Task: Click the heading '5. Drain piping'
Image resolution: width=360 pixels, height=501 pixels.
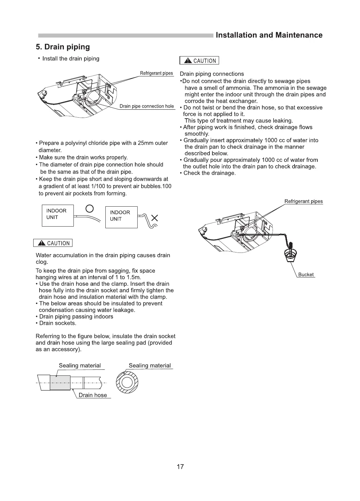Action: [x=63, y=47]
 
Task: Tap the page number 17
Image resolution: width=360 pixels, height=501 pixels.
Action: [x=180, y=466]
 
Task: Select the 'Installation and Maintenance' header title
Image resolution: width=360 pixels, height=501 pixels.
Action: [x=269, y=35]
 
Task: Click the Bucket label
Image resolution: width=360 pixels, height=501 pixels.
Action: [x=305, y=275]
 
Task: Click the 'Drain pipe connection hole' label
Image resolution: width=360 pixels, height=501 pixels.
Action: [x=147, y=106]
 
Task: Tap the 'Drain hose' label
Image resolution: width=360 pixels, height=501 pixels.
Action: [x=93, y=395]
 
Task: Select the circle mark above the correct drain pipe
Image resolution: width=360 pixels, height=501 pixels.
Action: [x=90, y=209]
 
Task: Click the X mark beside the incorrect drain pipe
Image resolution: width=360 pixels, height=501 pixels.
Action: [x=155, y=218]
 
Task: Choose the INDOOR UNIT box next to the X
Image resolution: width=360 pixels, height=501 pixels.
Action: [x=121, y=217]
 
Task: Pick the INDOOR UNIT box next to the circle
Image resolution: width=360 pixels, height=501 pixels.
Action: [x=58, y=216]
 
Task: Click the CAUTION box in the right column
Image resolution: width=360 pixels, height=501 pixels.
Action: [x=199, y=60]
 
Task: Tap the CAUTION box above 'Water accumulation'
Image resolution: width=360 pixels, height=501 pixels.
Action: [x=53, y=243]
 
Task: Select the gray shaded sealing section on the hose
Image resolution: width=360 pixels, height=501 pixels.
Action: [x=60, y=383]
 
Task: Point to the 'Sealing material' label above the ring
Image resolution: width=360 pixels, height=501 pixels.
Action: [x=150, y=365]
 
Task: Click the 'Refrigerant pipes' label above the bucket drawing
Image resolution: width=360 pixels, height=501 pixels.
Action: [x=303, y=201]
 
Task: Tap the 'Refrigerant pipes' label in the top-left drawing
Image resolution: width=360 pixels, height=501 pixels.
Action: [x=156, y=73]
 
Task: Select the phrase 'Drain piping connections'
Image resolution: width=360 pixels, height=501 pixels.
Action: [x=212, y=74]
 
